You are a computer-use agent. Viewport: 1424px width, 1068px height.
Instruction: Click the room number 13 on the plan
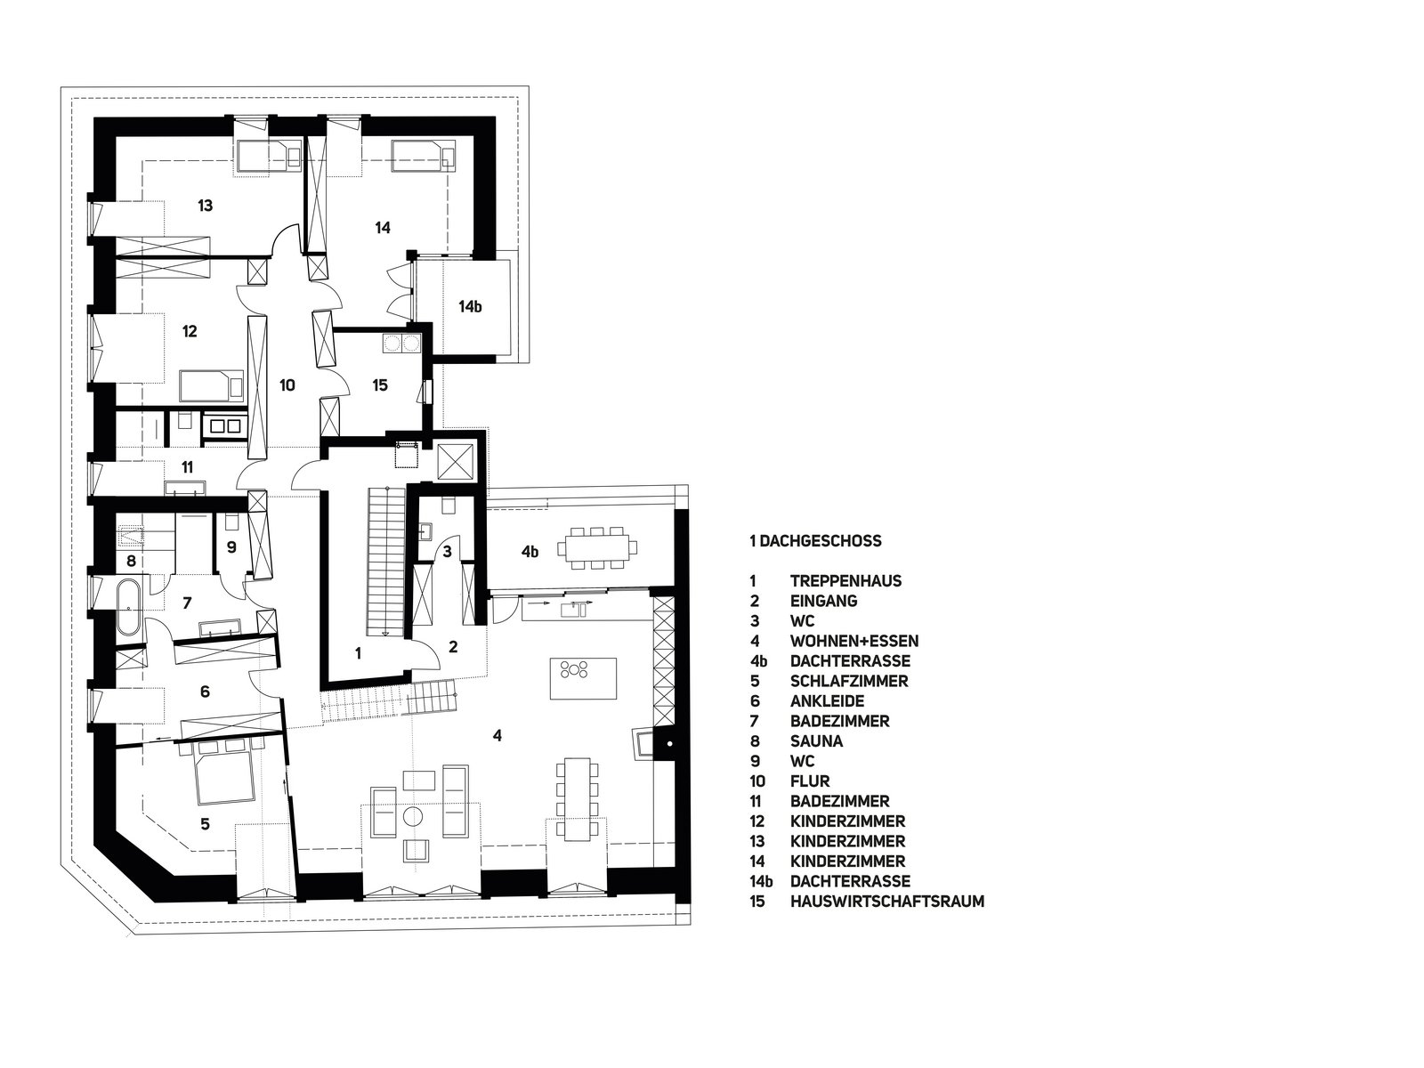coord(205,206)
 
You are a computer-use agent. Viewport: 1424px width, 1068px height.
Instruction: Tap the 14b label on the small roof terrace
coord(470,307)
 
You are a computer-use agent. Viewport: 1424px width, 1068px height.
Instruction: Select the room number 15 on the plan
coord(380,385)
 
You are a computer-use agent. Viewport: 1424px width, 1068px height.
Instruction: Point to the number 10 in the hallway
coord(287,385)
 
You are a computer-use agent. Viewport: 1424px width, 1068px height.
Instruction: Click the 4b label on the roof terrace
coord(530,552)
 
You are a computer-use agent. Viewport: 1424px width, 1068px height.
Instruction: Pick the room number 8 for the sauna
coord(131,561)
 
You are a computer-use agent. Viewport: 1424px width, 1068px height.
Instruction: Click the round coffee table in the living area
coord(413,815)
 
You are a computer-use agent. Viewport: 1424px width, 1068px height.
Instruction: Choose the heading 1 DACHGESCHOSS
coord(815,541)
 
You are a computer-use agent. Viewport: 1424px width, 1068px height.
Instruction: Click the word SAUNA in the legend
coord(816,741)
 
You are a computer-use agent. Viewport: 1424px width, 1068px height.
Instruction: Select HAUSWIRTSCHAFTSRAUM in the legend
coord(886,902)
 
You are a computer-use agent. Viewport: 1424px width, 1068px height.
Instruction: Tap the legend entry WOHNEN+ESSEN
coord(854,642)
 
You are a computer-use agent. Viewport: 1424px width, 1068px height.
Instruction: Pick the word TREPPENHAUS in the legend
coord(846,581)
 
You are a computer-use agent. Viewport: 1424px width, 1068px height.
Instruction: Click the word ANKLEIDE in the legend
coord(827,701)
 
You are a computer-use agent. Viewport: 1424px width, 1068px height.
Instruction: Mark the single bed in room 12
coord(212,386)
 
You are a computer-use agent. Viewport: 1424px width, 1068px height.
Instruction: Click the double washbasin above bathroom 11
coord(224,426)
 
